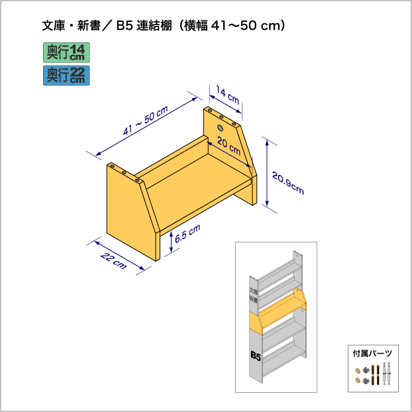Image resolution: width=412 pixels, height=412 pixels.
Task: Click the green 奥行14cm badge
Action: tap(66, 52)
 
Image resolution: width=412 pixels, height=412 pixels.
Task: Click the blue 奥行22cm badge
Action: tap(66, 74)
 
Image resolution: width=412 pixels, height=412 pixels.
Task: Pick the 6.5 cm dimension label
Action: tap(188, 233)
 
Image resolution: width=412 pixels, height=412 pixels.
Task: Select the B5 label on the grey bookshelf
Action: tap(256, 356)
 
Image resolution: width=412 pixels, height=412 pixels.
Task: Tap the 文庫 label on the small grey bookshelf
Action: tap(252, 291)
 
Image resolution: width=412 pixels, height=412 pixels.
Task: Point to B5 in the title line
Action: tap(124, 26)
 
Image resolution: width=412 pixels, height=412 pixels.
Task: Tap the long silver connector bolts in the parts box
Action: tap(387, 375)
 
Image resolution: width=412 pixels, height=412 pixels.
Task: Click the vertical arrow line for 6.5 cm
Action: tap(172, 243)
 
